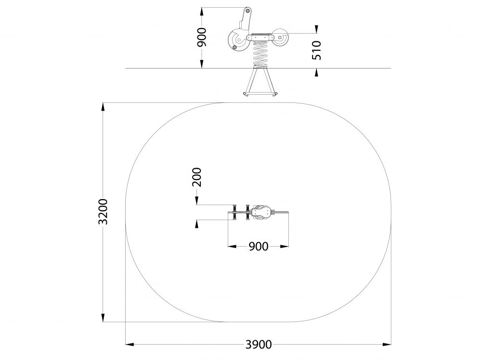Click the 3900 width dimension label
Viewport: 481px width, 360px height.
[258, 345]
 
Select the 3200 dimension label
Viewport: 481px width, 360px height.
[103, 212]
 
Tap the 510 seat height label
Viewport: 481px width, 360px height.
[316, 50]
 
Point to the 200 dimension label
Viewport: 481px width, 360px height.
[196, 177]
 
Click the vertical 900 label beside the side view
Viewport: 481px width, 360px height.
[202, 37]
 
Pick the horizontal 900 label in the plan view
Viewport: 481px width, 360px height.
[258, 247]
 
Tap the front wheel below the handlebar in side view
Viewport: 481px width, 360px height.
[237, 40]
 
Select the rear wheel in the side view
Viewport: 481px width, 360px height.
[280, 37]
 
